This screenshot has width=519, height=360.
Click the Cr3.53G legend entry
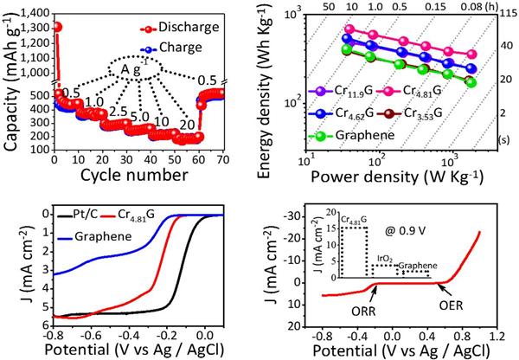[429, 112]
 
